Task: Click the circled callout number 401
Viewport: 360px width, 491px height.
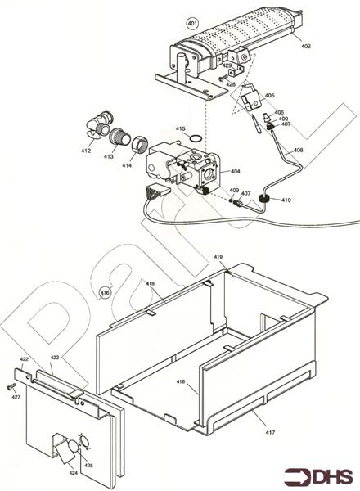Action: (x=192, y=23)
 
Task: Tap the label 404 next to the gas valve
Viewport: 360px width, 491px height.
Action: (x=235, y=172)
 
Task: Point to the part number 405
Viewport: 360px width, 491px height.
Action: (x=269, y=97)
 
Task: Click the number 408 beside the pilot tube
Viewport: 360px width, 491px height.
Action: (x=298, y=151)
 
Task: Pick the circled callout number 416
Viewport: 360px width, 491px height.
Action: (x=105, y=292)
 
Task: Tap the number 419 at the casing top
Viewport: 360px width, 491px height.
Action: (x=218, y=258)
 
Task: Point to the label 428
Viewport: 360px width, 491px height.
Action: (x=231, y=84)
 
